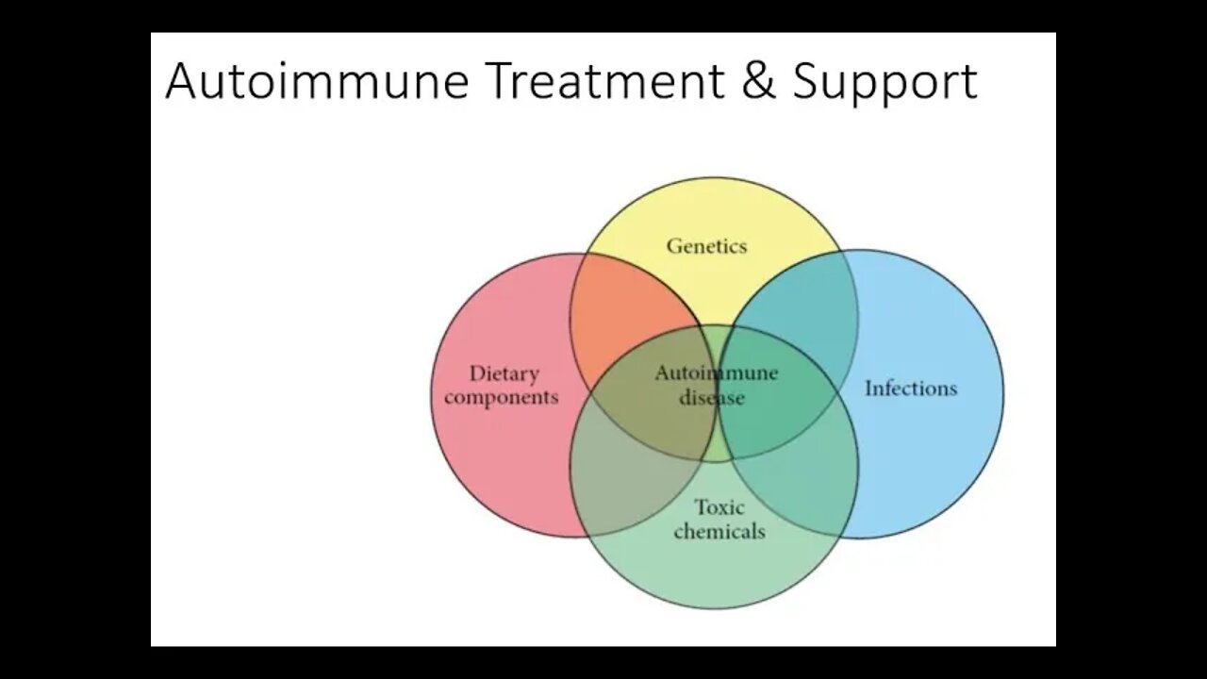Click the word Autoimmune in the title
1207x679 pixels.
click(317, 81)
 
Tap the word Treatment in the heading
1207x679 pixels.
click(604, 81)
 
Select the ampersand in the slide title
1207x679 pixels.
click(758, 81)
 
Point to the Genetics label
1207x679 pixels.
click(706, 246)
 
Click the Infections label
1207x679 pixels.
click(911, 389)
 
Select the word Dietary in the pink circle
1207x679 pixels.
click(504, 374)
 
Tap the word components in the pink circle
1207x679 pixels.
click(502, 397)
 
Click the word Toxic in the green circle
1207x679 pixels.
click(719, 508)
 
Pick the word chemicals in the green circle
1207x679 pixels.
click(719, 532)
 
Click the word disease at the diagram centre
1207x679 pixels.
click(712, 397)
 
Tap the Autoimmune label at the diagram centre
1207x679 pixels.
click(717, 373)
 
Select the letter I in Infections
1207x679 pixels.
click(868, 389)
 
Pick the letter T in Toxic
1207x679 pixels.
click(701, 508)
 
